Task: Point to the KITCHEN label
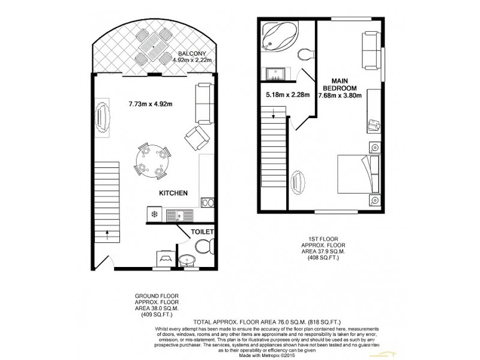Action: (173, 194)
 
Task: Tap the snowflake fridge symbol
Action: (155, 214)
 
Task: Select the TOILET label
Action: (202, 231)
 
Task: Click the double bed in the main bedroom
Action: (358, 173)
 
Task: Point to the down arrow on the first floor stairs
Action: (274, 113)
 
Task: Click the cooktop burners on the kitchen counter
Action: (208, 202)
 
